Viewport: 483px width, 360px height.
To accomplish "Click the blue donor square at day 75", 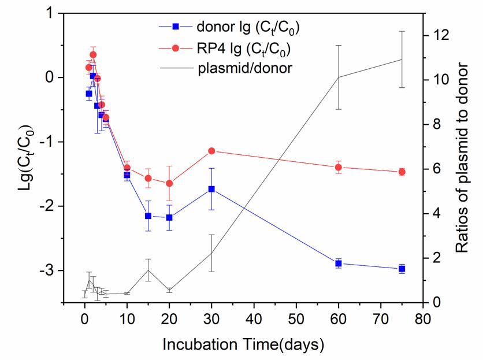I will (x=402, y=269).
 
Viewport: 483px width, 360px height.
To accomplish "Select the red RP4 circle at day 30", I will (x=211, y=151).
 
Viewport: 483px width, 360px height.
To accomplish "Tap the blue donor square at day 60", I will (x=339, y=263).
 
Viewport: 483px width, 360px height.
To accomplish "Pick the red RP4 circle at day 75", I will (x=402, y=172).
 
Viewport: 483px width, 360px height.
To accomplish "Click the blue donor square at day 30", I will (x=211, y=189).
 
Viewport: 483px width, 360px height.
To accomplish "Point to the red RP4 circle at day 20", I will (x=169, y=183).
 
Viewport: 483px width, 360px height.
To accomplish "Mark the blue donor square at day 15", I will (x=148, y=216).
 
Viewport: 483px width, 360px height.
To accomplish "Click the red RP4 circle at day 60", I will (x=339, y=168).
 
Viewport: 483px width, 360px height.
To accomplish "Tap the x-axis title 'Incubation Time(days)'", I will (x=243, y=345).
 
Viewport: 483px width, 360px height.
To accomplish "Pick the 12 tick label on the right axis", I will (x=441, y=35).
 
